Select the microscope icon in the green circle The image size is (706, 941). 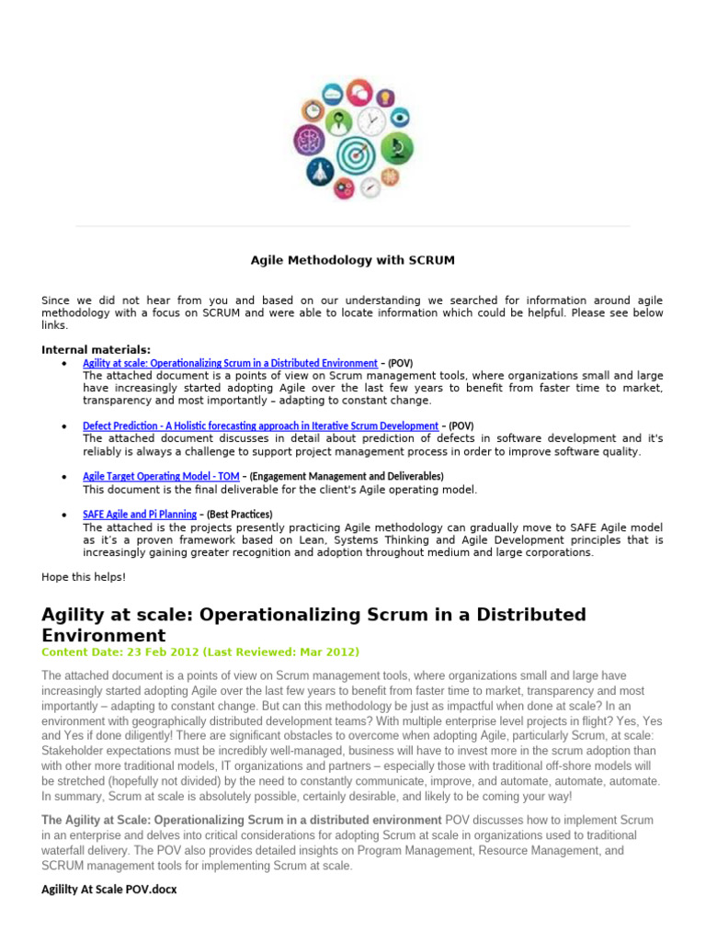click(397, 146)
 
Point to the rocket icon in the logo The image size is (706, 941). click(320, 170)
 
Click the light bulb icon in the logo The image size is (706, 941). click(385, 96)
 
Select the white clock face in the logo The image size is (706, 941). click(371, 120)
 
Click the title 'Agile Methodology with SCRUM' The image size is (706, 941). click(353, 261)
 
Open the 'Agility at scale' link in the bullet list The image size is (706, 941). click(230, 363)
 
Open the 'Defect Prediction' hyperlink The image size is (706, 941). click(260, 426)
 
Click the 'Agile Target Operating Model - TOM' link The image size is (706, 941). click(162, 476)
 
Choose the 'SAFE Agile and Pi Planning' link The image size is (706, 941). click(140, 515)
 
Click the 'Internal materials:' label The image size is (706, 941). click(97, 350)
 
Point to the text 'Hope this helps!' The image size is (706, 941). click(84, 577)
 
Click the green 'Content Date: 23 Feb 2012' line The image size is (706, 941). click(200, 652)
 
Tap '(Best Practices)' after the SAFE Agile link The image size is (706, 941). click(239, 515)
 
